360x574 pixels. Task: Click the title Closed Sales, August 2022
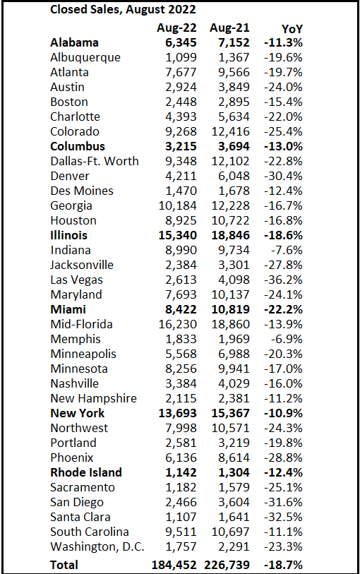(123, 9)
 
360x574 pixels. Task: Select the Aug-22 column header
(176, 28)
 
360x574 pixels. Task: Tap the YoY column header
(292, 28)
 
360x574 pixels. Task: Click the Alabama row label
(74, 42)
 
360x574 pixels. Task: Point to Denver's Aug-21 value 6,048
(234, 176)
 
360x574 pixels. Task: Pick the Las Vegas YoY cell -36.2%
(283, 280)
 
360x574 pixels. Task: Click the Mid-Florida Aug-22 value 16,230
(177, 324)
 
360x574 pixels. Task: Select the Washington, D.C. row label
(97, 547)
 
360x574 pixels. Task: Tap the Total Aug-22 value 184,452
(174, 565)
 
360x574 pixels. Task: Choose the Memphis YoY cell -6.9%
(287, 340)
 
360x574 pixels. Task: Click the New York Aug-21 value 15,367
(231, 413)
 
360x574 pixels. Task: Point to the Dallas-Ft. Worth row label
(95, 161)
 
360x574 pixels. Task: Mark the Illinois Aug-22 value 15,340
(177, 235)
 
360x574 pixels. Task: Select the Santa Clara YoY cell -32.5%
(283, 518)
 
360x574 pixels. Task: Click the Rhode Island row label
(86, 472)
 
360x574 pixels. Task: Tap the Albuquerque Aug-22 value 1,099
(181, 57)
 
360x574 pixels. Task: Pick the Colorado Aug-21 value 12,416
(231, 132)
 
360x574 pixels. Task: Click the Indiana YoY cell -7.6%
(287, 251)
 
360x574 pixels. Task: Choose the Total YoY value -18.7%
(283, 565)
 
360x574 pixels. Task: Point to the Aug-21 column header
(229, 28)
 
